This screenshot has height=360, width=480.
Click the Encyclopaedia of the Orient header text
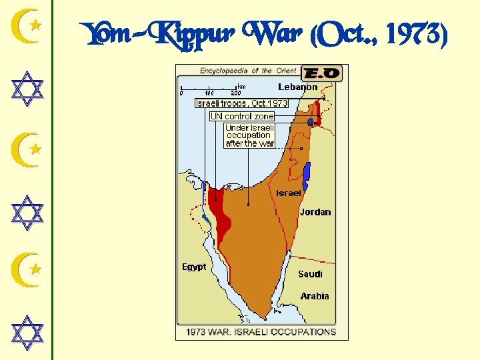coord(247,71)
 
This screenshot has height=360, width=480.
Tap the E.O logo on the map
coord(321,73)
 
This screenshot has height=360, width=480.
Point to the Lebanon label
coord(297,87)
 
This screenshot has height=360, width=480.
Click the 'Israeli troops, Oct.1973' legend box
coord(241,103)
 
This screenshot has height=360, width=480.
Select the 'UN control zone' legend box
coord(242,116)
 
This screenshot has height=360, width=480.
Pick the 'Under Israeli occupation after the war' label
coord(249,135)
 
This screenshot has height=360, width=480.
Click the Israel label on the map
coord(289,193)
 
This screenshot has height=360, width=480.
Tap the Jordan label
coord(315,212)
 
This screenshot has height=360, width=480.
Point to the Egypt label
coord(194,267)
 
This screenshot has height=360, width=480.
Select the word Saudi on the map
coord(310,274)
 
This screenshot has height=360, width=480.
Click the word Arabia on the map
coord(315,296)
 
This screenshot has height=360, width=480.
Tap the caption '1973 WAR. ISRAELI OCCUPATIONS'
coord(261,331)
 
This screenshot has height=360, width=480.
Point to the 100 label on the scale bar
coord(209,93)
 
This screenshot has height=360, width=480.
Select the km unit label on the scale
coord(241,86)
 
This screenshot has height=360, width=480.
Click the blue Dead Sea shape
coord(307,176)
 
